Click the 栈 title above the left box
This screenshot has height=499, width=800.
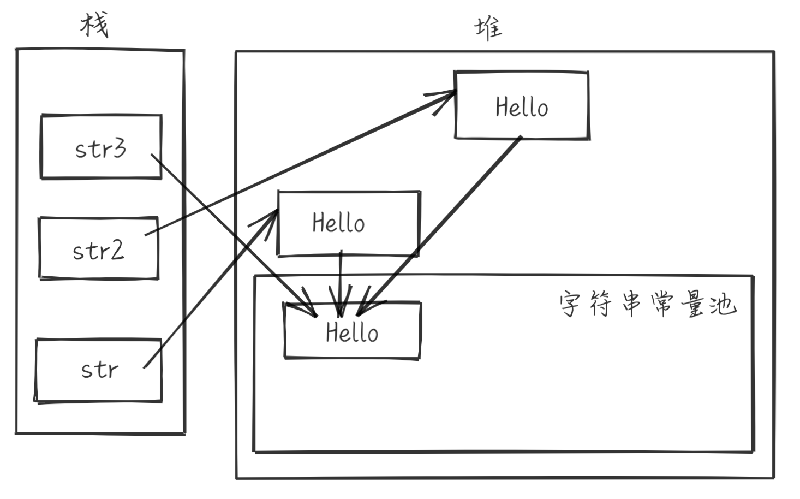click(x=94, y=25)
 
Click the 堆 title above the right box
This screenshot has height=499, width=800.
click(x=487, y=28)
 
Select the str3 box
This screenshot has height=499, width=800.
click(x=101, y=147)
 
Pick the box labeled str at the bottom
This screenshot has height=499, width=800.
click(x=99, y=370)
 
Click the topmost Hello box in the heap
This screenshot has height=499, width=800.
click(x=522, y=105)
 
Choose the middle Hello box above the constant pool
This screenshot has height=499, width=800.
click(x=348, y=223)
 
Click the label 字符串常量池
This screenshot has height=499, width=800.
click(x=647, y=304)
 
